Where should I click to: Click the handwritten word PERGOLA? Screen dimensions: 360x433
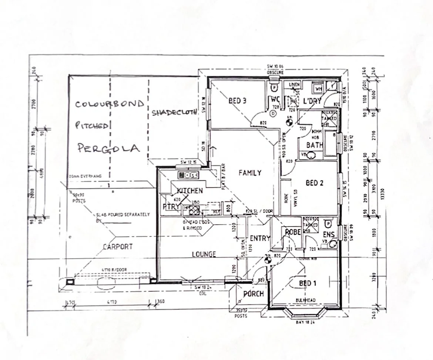coord(108,148)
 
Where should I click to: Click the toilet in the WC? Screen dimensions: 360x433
coord(274,88)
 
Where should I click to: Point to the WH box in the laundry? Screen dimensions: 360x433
coord(318,89)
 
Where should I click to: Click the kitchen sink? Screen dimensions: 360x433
coord(189,175)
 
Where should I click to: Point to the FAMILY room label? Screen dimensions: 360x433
coord(250,173)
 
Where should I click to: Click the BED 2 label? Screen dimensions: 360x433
coord(315,183)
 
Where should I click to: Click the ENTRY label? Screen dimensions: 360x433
coord(260,239)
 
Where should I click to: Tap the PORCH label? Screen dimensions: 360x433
coord(254,294)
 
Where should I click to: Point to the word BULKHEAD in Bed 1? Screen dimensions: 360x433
coord(305,300)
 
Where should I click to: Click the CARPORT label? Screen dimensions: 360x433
coord(118,247)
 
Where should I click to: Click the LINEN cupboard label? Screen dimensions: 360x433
coord(294,85)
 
